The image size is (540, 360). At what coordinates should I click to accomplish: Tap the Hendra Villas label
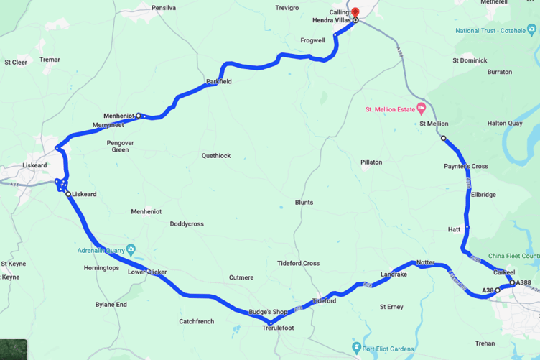(x=332, y=21)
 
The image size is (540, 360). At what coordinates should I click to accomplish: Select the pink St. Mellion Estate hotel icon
(x=421, y=109)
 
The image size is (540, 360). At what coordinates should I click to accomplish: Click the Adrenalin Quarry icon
(x=130, y=250)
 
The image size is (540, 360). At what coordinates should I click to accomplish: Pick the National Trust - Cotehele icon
(x=532, y=30)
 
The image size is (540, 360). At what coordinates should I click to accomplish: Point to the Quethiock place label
(x=216, y=155)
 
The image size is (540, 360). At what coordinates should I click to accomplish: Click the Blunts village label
(x=304, y=203)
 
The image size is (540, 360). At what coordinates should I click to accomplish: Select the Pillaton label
(x=371, y=162)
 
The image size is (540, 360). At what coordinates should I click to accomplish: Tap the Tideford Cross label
(x=299, y=264)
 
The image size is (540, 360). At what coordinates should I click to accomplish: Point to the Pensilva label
(x=164, y=7)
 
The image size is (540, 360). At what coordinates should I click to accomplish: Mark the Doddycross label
(x=187, y=224)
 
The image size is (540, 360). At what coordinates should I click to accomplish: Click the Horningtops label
(x=101, y=268)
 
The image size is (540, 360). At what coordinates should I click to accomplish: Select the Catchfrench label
(x=197, y=321)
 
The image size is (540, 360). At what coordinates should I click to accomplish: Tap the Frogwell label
(x=312, y=41)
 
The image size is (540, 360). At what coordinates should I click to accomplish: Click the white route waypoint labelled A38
(x=498, y=290)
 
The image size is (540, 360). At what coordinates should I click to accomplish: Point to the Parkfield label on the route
(x=219, y=82)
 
